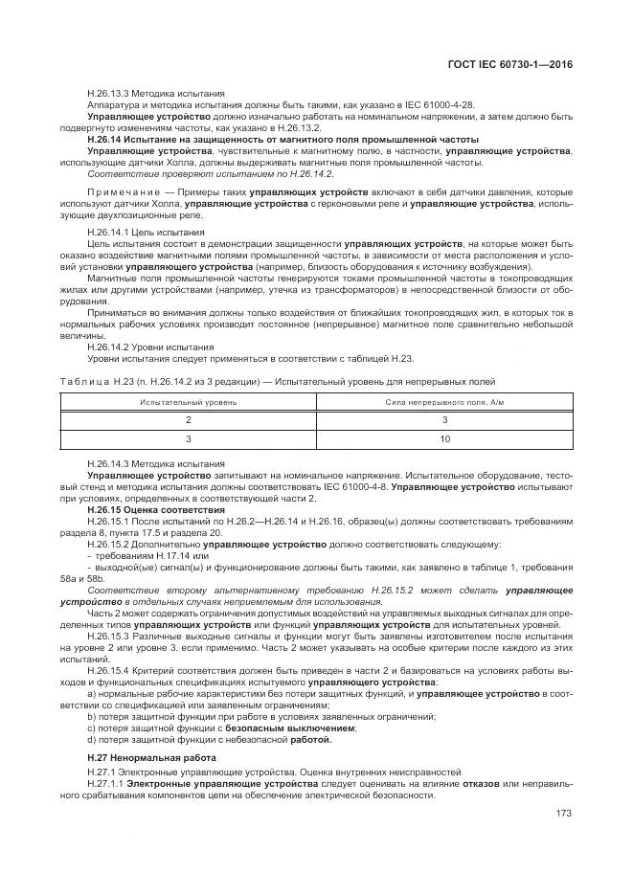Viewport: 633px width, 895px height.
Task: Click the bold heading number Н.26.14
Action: tap(107, 138)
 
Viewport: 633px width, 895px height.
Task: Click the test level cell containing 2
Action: tap(188, 419)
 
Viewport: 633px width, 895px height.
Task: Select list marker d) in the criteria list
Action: tap(91, 739)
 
